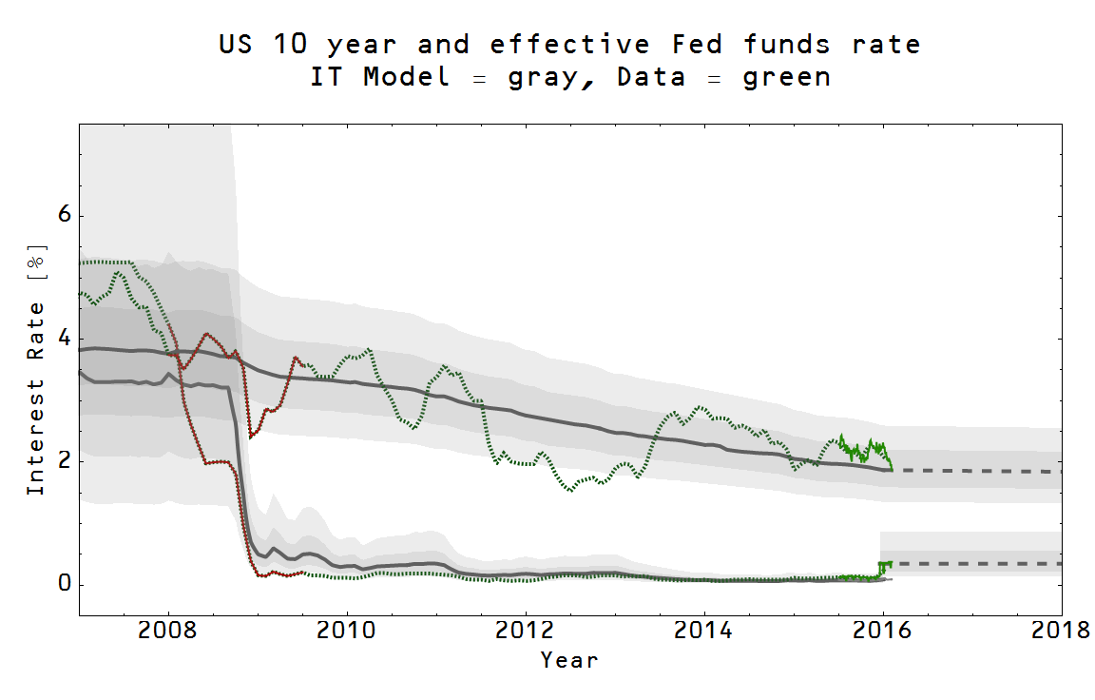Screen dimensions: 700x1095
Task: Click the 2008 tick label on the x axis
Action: point(168,632)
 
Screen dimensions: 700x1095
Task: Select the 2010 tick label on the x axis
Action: point(347,632)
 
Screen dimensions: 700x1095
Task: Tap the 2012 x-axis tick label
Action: point(526,632)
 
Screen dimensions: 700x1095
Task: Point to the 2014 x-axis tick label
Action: point(704,632)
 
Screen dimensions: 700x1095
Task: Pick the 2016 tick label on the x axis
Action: point(883,632)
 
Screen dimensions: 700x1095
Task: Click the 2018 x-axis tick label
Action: point(1061,632)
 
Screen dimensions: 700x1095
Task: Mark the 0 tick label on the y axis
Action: point(65,584)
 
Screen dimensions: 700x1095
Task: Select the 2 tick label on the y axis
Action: point(65,461)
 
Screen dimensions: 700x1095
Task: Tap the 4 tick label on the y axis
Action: point(65,339)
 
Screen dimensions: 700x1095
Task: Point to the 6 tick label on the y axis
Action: point(65,216)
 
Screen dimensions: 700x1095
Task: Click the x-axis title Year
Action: point(569,660)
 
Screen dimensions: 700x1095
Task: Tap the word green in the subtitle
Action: point(786,78)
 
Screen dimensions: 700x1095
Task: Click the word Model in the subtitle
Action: point(406,78)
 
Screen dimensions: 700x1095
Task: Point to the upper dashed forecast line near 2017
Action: point(972,471)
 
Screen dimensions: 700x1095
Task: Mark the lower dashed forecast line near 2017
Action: point(972,564)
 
